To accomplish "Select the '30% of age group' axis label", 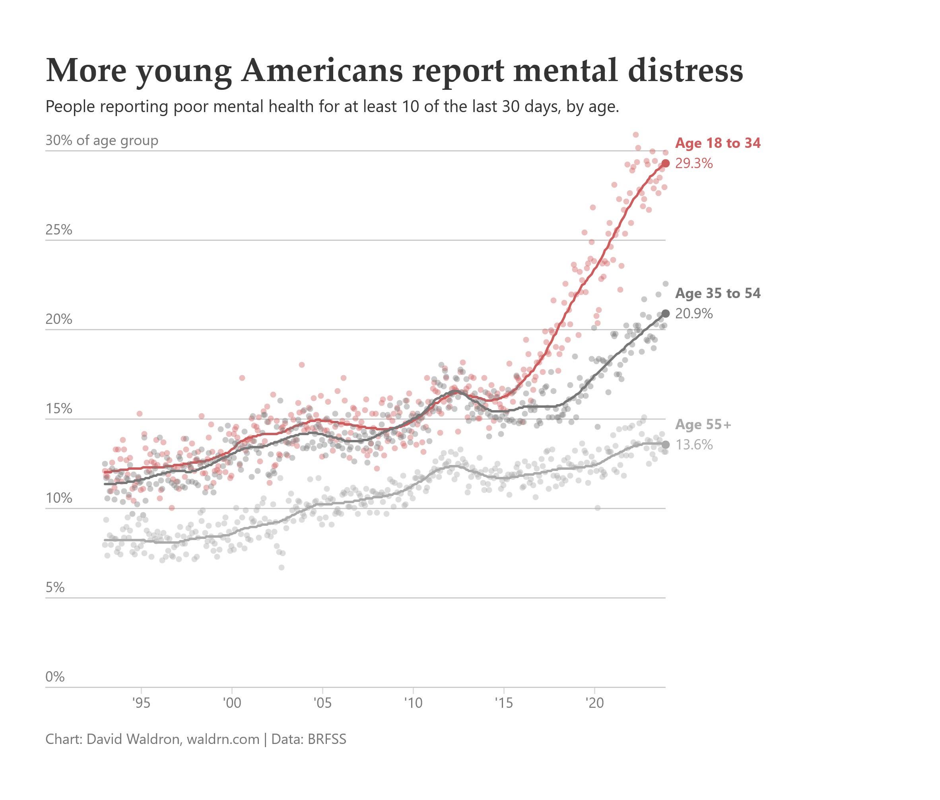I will [102, 141].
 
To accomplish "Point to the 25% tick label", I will [59, 230].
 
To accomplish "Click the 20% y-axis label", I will [59, 319].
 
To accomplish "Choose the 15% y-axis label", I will [59, 409].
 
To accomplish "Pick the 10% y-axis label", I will [59, 498].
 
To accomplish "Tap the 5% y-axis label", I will [55, 587].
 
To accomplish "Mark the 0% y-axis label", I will [55, 677].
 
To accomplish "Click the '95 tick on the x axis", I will [141, 703].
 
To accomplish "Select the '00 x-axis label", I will [232, 703].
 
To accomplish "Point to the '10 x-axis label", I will [413, 703].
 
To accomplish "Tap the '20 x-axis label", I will [594, 703].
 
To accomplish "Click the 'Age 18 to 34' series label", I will [718, 143].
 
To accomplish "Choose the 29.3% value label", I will [693, 163].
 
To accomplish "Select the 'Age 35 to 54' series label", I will [718, 293].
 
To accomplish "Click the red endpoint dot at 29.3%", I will [666, 163].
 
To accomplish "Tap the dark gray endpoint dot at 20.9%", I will [666, 314].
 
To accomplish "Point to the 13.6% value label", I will [693, 444].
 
